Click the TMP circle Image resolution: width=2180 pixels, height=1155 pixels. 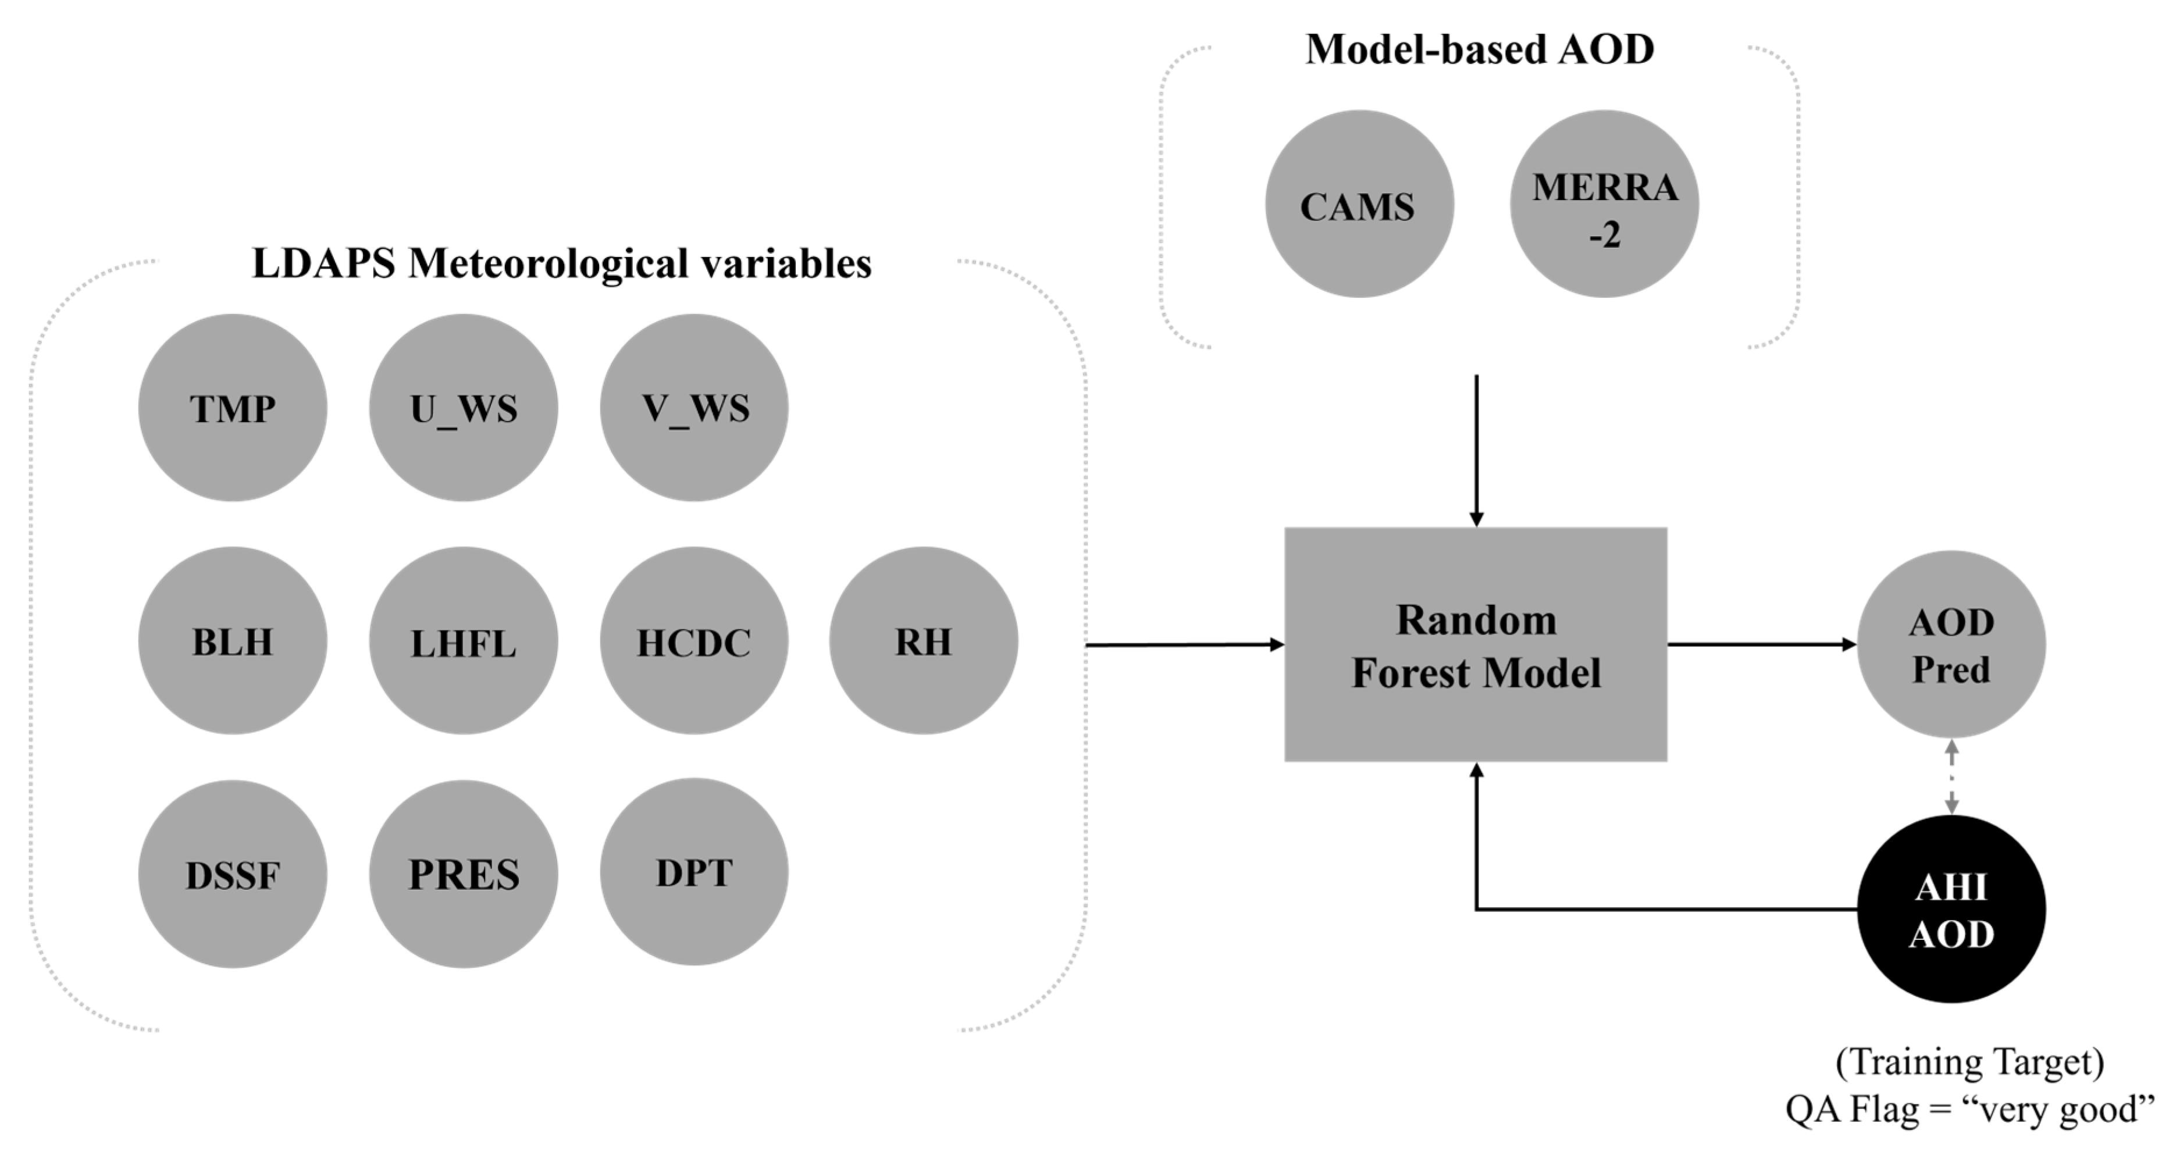(x=233, y=408)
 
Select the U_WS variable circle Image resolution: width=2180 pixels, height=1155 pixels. (x=463, y=408)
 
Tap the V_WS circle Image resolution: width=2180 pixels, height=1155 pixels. (x=694, y=408)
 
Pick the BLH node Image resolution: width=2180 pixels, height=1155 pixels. (x=233, y=640)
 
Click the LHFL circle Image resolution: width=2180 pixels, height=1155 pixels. (x=463, y=640)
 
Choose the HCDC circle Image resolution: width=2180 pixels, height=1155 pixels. (x=694, y=640)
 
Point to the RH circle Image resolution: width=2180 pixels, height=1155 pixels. (x=923, y=640)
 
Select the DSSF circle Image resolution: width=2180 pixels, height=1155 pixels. (x=233, y=874)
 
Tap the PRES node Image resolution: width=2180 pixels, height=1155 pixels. (x=463, y=874)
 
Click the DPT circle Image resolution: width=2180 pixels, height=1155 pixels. (x=694, y=872)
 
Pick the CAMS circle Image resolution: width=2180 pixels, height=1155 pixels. (x=1359, y=204)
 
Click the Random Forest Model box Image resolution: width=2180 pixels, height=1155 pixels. (x=1475, y=645)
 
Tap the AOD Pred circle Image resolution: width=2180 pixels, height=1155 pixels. (x=1951, y=645)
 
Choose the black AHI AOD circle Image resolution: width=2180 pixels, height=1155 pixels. (x=1951, y=909)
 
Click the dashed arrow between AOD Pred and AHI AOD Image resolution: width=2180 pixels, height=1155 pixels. (x=1951, y=777)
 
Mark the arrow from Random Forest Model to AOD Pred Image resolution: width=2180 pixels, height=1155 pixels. (x=1760, y=645)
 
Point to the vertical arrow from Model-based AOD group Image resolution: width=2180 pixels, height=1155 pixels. (x=1477, y=448)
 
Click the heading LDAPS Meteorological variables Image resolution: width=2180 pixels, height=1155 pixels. (x=561, y=263)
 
